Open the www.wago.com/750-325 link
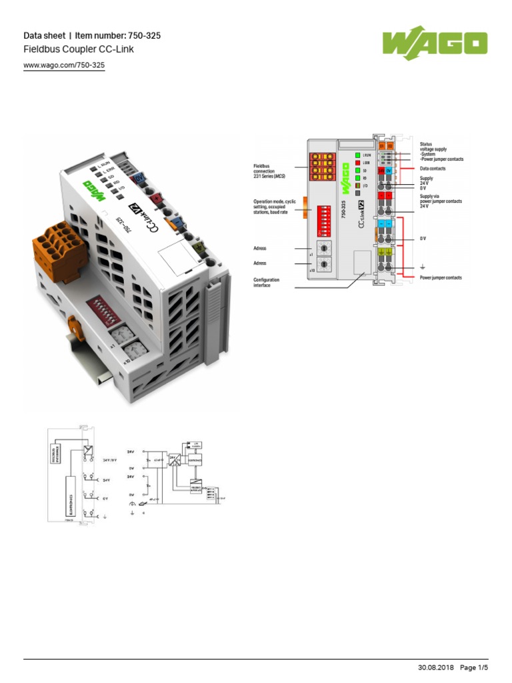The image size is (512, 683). [64, 65]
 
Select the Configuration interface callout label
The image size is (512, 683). [267, 283]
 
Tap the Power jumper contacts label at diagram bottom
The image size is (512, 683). [440, 277]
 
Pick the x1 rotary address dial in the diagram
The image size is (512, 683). [324, 249]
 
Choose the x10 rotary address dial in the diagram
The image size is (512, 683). [324, 265]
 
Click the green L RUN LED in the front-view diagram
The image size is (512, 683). [357, 154]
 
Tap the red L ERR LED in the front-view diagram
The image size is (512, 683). [357, 162]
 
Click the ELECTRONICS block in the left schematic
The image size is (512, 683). [71, 497]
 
